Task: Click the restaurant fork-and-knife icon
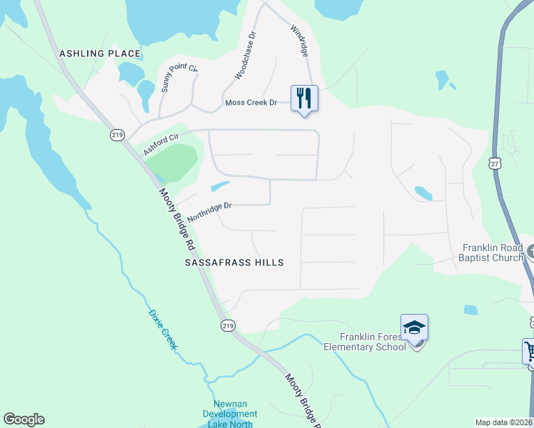point(304,98)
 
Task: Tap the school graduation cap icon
point(414,328)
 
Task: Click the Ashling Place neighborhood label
point(100,53)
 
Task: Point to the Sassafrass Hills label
point(234,263)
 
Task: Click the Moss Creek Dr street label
point(251,103)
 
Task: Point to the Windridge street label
point(299,41)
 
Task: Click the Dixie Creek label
point(162,329)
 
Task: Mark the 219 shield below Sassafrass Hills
point(227,325)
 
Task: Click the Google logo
point(24,419)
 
